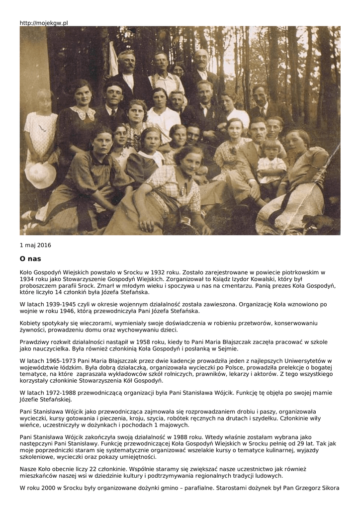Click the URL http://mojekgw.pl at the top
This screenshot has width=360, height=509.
(44, 23)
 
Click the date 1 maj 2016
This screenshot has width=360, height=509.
(35, 245)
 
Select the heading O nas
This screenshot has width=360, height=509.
(30, 259)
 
